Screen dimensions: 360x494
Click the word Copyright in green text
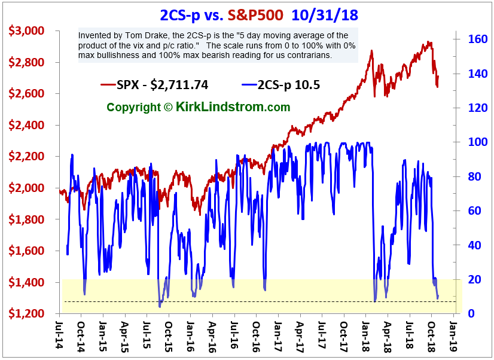pyautogui.click(x=133, y=107)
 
